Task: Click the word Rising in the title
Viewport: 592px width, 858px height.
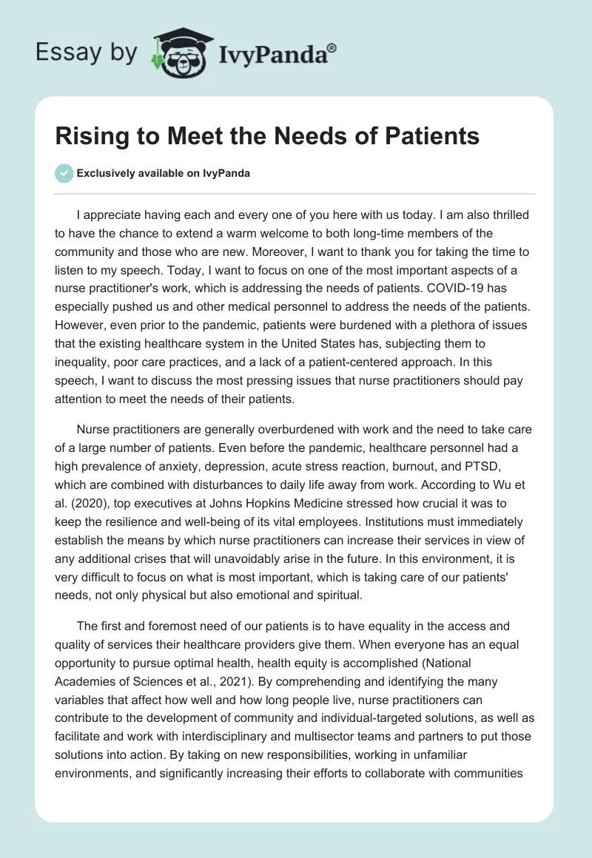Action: (86, 137)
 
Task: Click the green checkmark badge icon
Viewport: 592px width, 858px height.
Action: (64, 173)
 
